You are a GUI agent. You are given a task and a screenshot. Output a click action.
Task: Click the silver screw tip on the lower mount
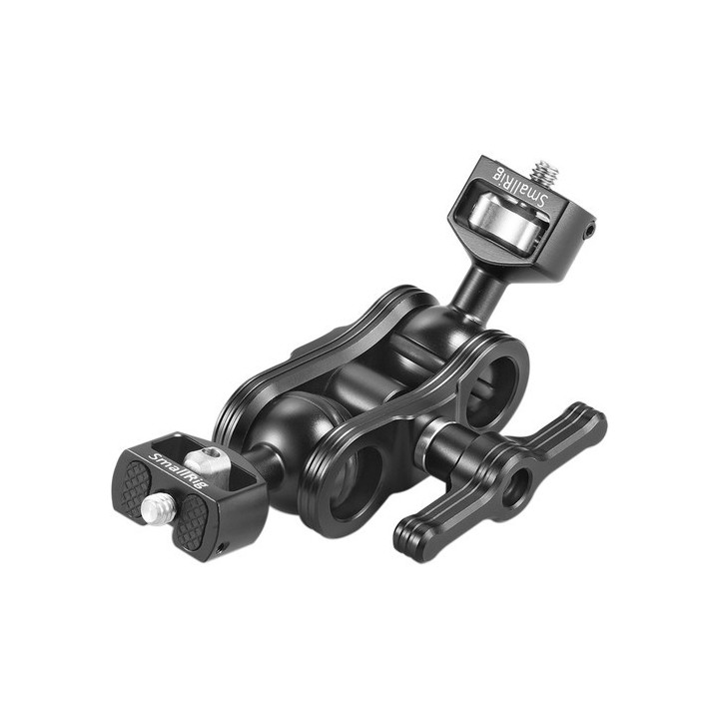point(154,510)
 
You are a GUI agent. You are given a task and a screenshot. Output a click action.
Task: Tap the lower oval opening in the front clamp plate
point(355,483)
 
